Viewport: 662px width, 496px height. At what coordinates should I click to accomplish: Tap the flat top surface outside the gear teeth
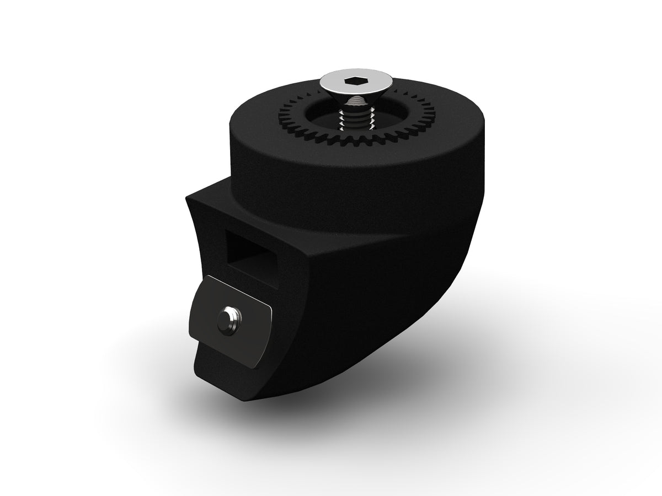[259, 124]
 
